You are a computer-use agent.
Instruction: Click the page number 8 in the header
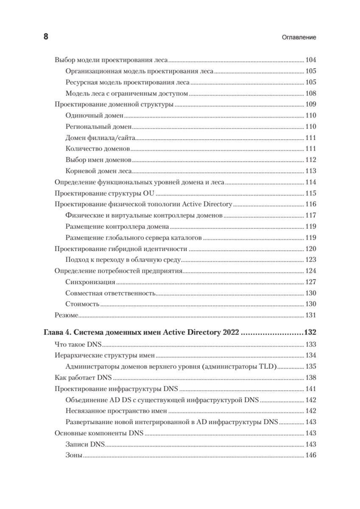pyautogui.click(x=46, y=37)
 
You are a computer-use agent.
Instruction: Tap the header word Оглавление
pyautogui.click(x=299, y=37)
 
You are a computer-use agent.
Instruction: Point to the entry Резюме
pyautogui.click(x=67, y=315)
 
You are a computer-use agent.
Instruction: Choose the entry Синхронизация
pyautogui.click(x=91, y=282)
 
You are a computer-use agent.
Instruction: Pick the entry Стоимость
pyautogui.click(x=83, y=304)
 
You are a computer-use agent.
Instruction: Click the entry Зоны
pyautogui.click(x=74, y=456)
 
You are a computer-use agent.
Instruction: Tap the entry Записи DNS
pyautogui.click(x=86, y=445)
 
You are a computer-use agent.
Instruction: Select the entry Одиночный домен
pyautogui.click(x=95, y=115)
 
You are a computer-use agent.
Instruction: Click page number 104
pyautogui.click(x=311, y=60)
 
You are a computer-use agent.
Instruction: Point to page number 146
pyautogui.click(x=311, y=456)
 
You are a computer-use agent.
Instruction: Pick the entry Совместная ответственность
pyautogui.click(x=111, y=293)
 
